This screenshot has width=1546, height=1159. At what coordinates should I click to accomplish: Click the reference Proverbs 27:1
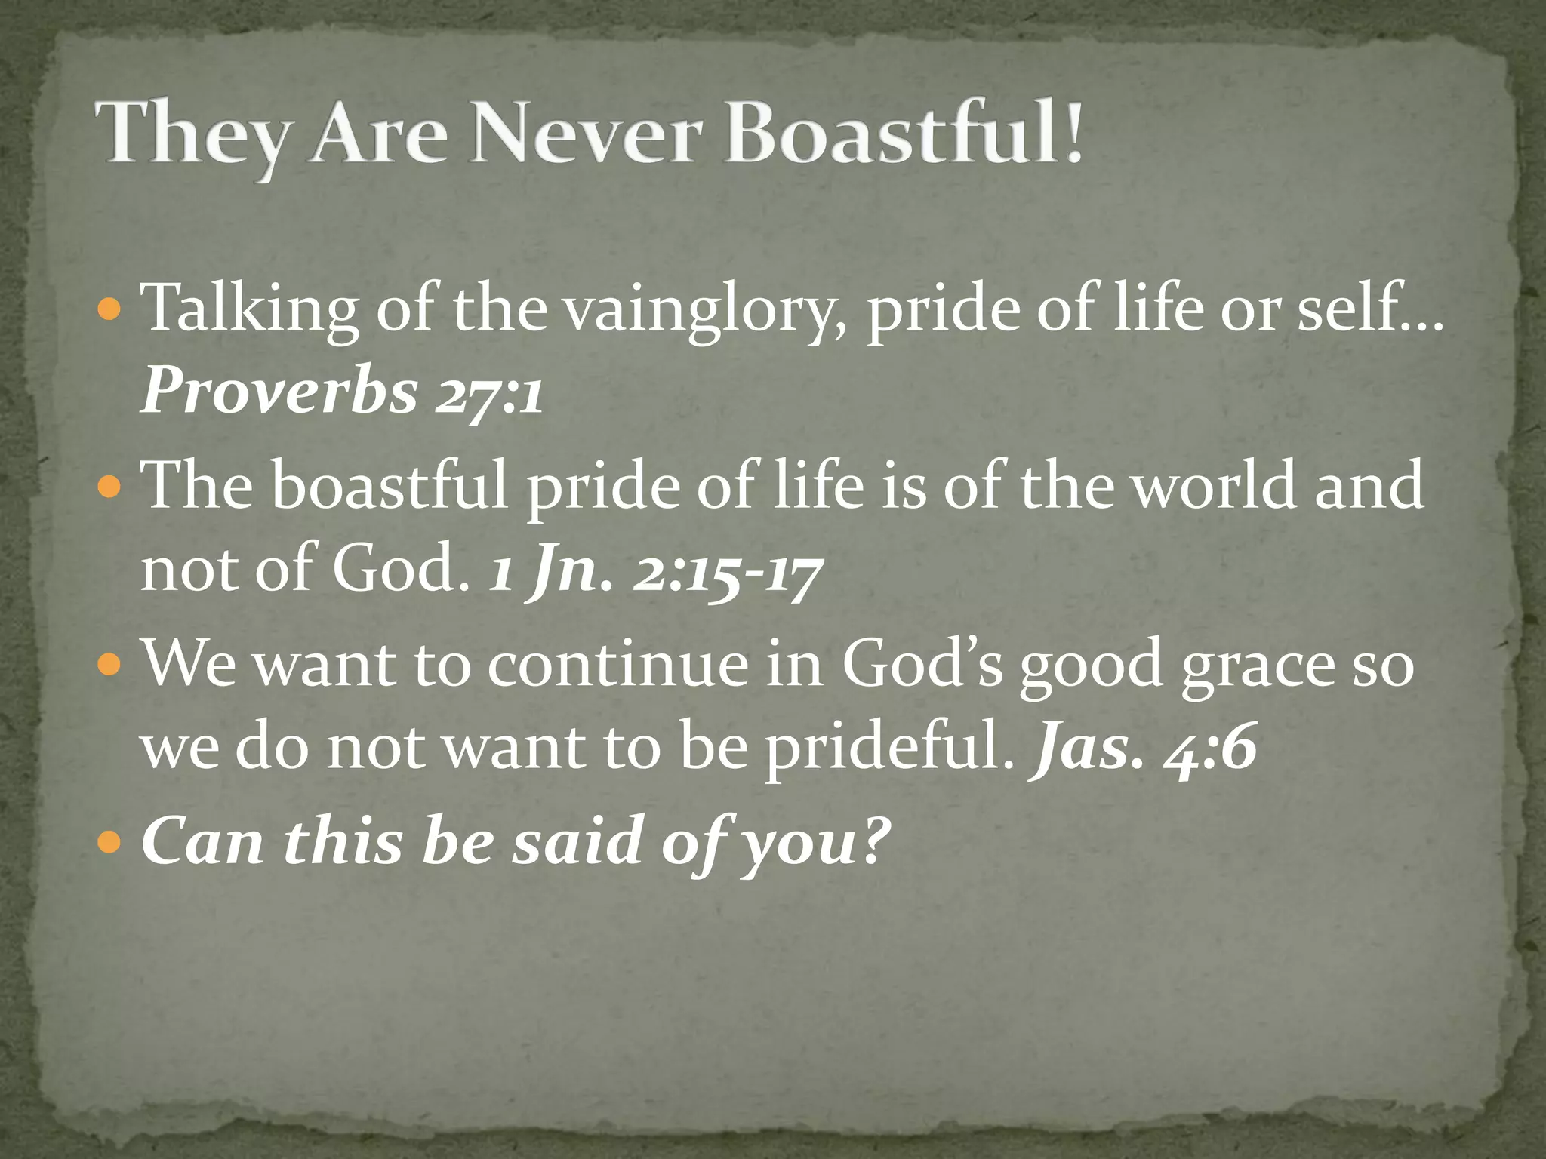pos(341,392)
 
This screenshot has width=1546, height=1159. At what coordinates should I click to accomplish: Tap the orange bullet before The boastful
pos(110,487)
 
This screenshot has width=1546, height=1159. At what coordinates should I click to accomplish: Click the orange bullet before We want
pos(110,665)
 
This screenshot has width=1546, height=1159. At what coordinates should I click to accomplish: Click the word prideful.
pos(889,749)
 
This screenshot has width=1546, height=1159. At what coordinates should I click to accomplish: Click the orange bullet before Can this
pos(110,840)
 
